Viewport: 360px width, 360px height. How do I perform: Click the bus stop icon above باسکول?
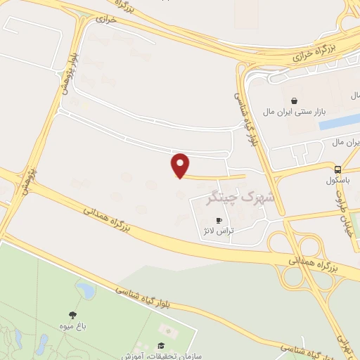(338, 169)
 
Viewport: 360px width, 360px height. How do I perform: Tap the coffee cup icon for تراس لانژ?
(219, 221)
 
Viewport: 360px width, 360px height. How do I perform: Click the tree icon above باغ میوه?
(72, 315)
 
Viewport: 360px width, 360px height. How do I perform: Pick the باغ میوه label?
(72, 326)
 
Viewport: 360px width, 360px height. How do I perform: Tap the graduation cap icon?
(162, 345)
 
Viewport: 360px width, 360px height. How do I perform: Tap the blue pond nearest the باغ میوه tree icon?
(86, 290)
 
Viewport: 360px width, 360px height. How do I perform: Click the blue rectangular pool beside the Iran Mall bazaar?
(339, 122)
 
